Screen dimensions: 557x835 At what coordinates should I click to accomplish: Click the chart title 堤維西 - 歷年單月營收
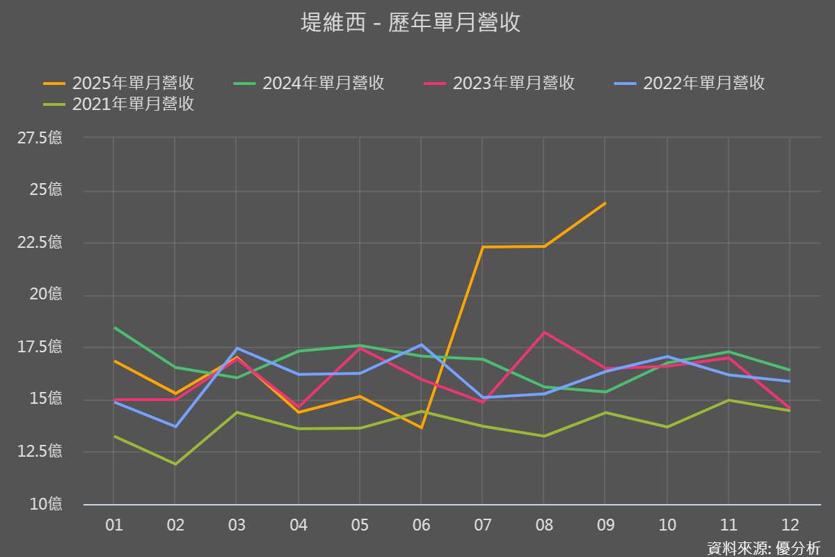click(411, 23)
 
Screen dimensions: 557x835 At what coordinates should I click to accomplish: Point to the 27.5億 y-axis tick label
click(40, 138)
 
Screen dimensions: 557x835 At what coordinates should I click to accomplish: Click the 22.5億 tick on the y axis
click(40, 242)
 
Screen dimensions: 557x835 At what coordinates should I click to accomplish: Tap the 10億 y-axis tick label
click(45, 503)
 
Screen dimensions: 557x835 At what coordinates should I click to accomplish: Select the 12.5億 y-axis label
click(40, 451)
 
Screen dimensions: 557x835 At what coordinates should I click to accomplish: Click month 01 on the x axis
click(113, 525)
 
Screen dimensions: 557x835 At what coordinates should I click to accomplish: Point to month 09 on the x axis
click(605, 525)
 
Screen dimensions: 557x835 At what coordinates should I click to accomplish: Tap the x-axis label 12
click(790, 525)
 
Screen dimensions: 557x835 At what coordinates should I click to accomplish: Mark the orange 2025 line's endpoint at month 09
click(605, 203)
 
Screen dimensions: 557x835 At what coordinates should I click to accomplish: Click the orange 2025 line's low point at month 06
click(421, 427)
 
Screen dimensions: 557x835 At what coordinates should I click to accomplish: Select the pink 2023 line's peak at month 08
click(544, 332)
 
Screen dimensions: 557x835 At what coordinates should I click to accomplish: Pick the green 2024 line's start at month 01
click(114, 327)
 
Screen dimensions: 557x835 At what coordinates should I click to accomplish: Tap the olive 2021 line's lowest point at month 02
click(175, 464)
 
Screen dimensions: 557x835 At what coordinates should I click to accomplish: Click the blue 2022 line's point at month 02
click(175, 426)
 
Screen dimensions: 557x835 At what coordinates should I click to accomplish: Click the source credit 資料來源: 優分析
click(763, 548)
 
